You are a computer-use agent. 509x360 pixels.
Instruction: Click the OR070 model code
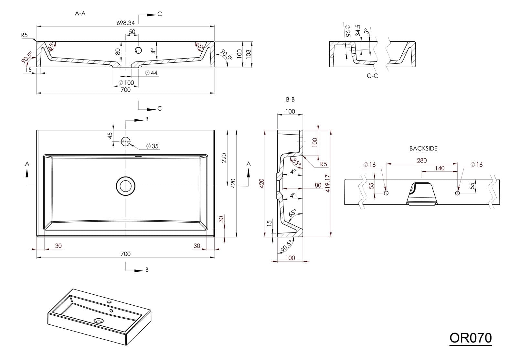[471, 338]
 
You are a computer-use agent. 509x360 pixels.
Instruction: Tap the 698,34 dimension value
[126, 23]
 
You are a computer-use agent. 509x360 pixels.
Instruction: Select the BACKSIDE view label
[423, 148]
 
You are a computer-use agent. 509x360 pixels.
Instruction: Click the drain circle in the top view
[126, 186]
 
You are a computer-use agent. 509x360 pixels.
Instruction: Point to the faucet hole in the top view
[126, 141]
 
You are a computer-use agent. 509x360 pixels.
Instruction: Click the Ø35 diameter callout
[153, 146]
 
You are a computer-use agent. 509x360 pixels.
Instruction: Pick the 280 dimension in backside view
[422, 160]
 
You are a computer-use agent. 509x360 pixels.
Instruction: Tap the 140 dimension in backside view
[440, 168]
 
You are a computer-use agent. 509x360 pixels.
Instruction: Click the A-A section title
[80, 14]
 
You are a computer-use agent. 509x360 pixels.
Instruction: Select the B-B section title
[290, 100]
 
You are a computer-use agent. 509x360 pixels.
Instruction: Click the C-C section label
[372, 76]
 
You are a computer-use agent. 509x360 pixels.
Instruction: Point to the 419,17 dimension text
[327, 183]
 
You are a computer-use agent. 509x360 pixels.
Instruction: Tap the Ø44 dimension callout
[151, 73]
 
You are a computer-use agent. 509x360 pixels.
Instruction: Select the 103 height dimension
[248, 53]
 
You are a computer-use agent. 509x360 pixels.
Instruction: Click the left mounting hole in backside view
[386, 193]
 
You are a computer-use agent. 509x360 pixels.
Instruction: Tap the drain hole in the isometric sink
[99, 321]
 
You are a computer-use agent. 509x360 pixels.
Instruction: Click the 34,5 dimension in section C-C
[357, 30]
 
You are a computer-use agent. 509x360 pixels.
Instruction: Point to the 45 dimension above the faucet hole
[110, 135]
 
